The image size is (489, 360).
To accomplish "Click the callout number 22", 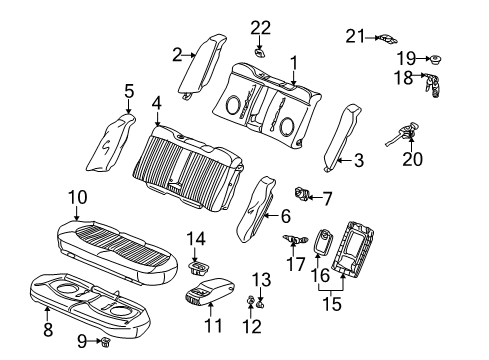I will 260,26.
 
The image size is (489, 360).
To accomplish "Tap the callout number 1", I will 294,61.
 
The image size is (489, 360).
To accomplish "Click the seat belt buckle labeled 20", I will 409,130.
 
